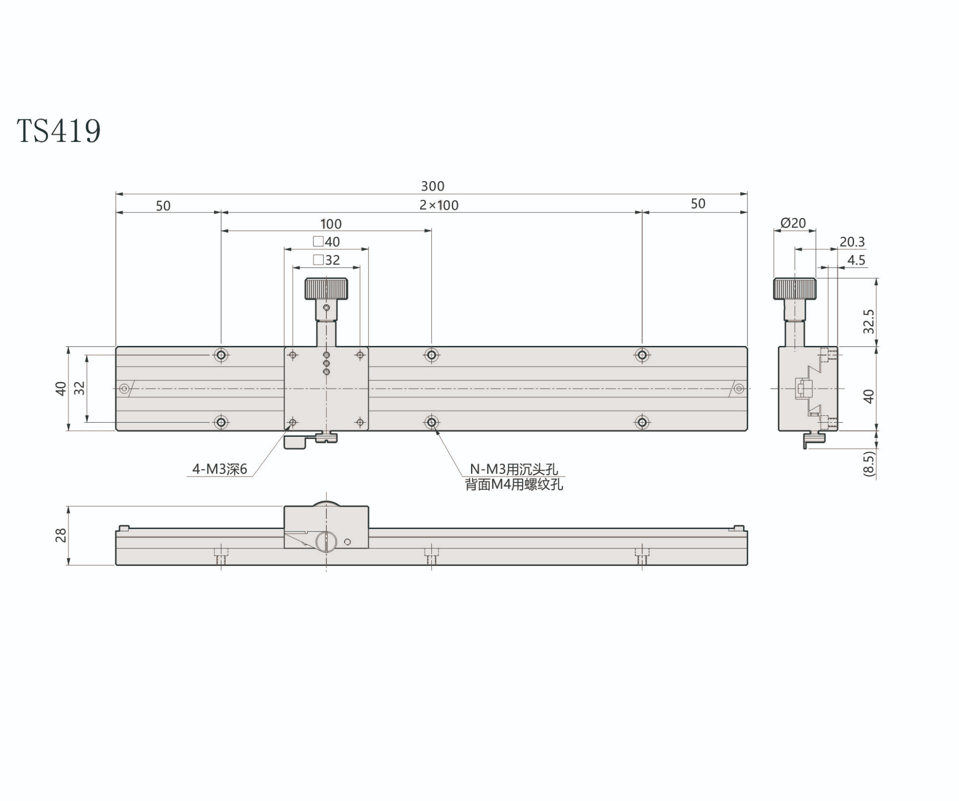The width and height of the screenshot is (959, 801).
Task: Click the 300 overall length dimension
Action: [x=432, y=186]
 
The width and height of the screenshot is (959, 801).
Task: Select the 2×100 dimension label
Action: [x=439, y=205]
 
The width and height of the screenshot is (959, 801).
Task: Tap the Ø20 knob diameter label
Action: [x=793, y=223]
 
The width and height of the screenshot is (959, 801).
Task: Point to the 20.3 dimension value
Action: [x=852, y=242]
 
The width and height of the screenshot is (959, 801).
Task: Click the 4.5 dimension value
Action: [x=856, y=260]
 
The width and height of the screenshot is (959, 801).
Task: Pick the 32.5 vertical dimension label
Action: [x=869, y=321]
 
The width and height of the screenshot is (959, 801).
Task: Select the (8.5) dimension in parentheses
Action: [x=869, y=464]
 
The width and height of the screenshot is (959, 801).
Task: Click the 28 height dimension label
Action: [x=61, y=535]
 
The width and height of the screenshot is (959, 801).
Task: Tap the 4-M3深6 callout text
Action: [x=220, y=469]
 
